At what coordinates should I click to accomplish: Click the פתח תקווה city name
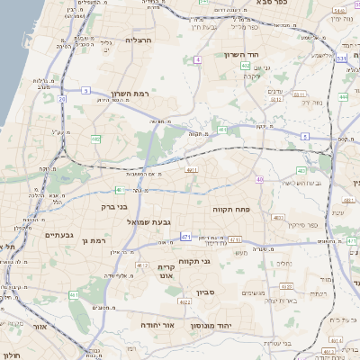tap(230, 209)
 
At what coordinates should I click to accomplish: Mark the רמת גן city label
tap(92, 241)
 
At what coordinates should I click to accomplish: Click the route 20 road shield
tap(62, 98)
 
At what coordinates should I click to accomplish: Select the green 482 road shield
tap(95, 139)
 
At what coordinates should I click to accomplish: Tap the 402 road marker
tap(246, 66)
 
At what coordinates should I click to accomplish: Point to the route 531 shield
tap(341, 59)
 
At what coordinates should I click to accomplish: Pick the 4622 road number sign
tap(185, 302)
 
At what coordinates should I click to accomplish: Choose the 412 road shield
tap(143, 265)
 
